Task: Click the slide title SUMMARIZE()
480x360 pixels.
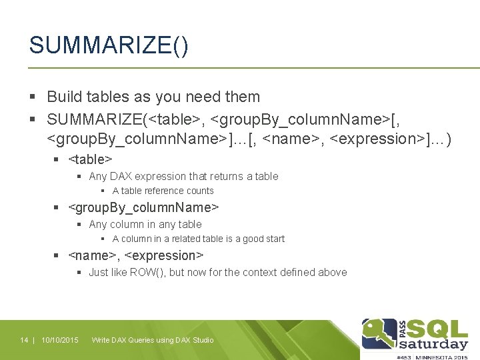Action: coord(109,47)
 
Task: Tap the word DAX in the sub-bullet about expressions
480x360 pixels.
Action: coord(121,177)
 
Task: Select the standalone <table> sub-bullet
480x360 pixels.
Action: coord(90,159)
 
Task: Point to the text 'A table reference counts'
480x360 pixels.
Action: coord(163,191)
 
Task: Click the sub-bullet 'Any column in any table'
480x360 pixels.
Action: coord(145,225)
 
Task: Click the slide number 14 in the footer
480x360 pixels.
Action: coord(24,341)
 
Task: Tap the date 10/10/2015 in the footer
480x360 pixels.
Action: coord(60,341)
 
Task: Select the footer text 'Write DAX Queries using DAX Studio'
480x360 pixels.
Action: coord(153,341)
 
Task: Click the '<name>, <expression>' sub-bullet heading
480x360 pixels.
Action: coord(136,255)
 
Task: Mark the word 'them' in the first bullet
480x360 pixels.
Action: coord(243,97)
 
